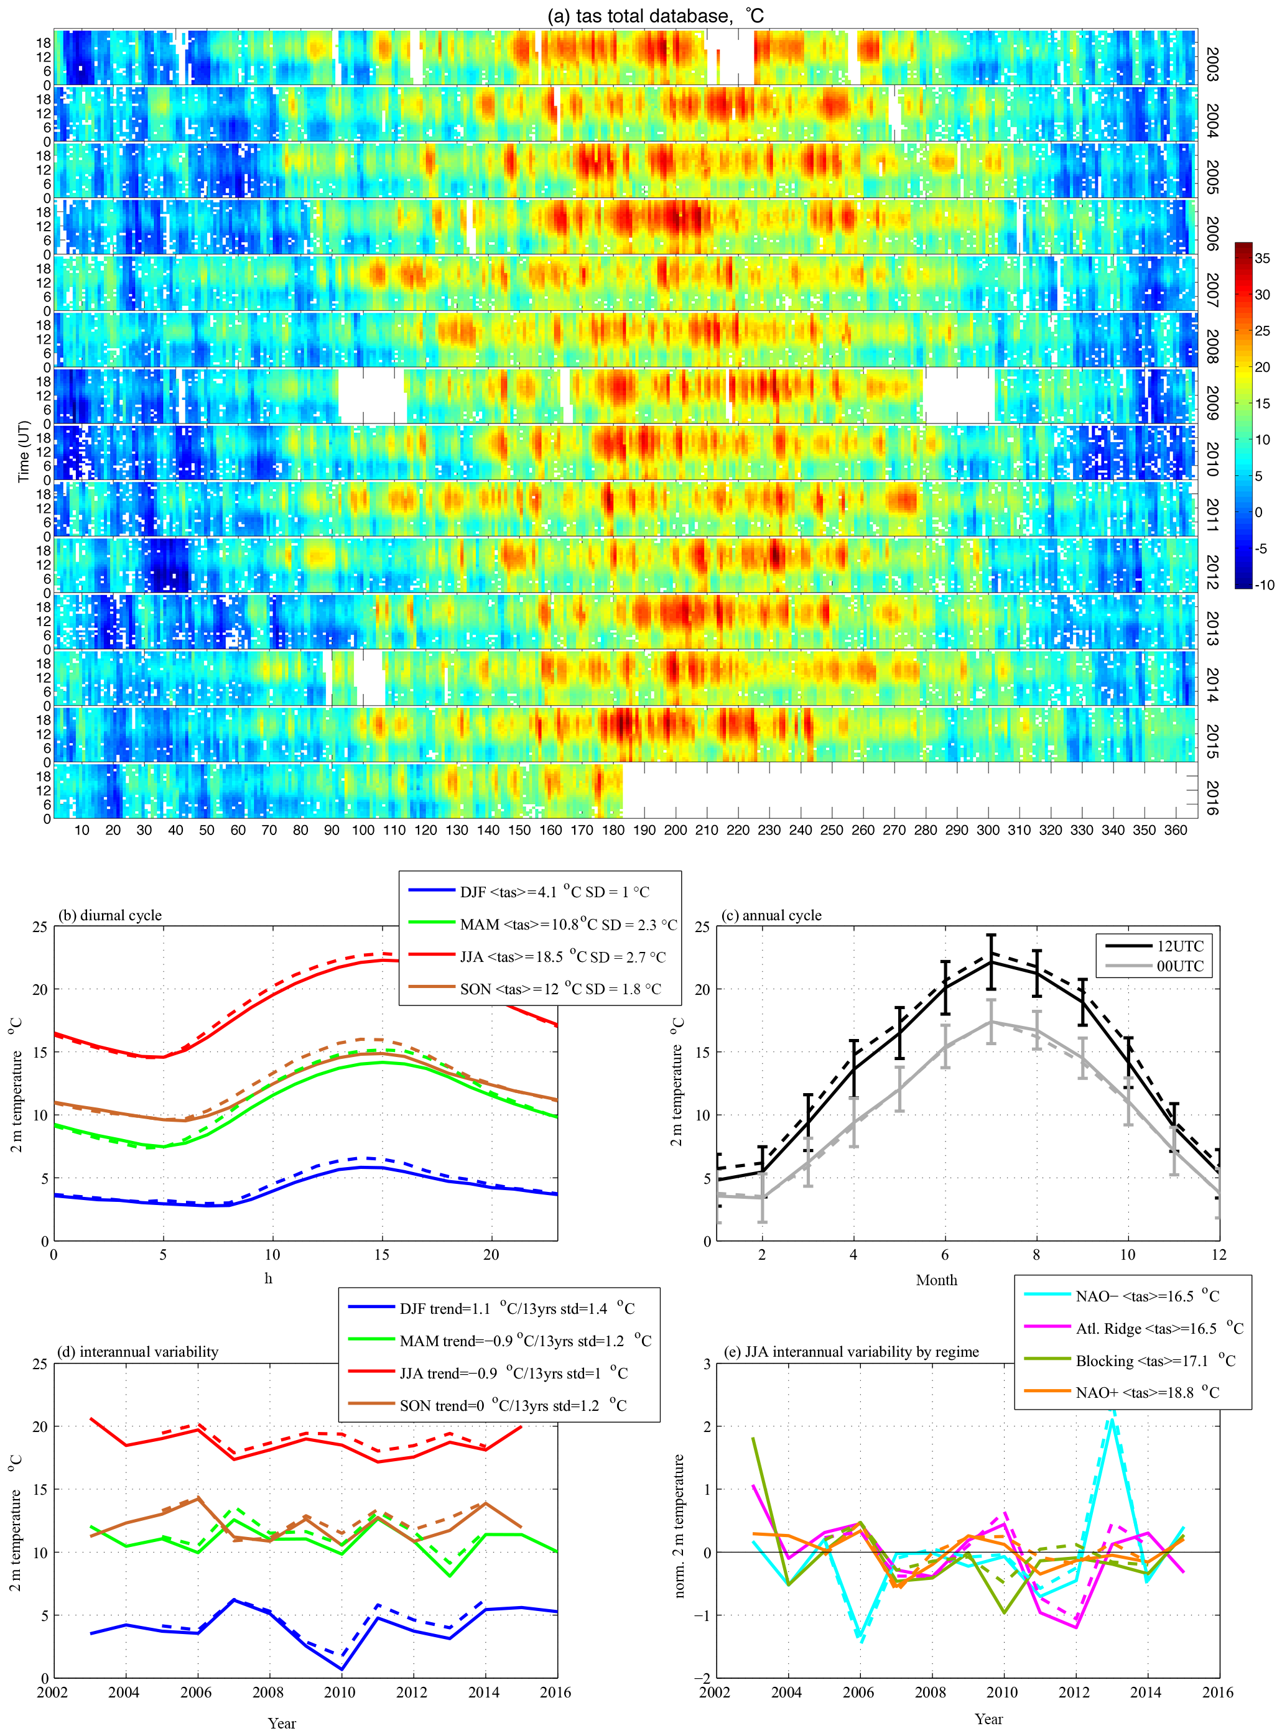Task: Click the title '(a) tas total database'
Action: tap(656, 16)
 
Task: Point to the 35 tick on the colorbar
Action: tap(1262, 258)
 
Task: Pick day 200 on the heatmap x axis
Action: tap(675, 830)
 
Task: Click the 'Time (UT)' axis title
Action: tap(23, 451)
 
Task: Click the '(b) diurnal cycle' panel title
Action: tap(110, 915)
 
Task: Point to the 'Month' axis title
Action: tap(936, 1280)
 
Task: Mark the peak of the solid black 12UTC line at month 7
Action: tap(990, 962)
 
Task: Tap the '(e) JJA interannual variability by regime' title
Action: tap(862, 1351)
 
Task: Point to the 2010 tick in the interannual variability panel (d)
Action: tap(340, 1692)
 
